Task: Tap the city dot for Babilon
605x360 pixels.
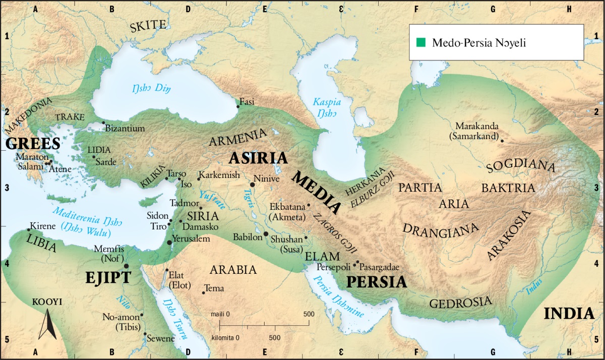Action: [266, 234]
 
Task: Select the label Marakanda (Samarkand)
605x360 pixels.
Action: [476, 131]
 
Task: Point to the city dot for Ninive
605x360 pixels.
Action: [252, 185]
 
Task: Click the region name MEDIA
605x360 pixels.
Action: [317, 192]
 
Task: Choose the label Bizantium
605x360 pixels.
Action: [125, 129]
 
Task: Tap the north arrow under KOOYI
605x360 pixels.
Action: [47, 325]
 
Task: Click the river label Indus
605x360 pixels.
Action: [535, 288]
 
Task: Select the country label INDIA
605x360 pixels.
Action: [569, 314]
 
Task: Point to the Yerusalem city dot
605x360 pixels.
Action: [169, 243]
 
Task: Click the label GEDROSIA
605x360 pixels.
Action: [460, 303]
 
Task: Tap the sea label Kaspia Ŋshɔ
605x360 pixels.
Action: [327, 107]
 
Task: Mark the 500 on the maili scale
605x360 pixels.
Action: [308, 314]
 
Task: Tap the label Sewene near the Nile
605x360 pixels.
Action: [160, 338]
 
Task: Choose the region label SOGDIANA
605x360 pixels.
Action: [521, 167]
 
